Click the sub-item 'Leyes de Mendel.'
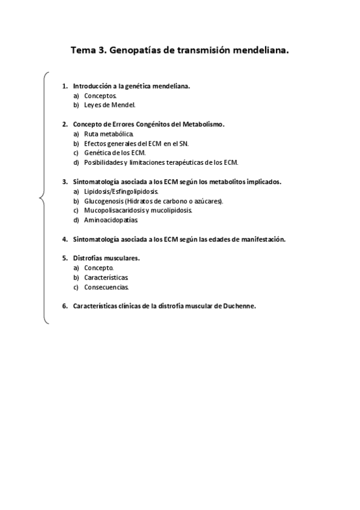[110, 105]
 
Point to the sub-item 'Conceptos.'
[100, 96]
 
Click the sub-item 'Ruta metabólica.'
[109, 134]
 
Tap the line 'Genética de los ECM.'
[115, 153]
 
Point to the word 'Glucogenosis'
[103, 201]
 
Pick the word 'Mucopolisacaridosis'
[114, 210]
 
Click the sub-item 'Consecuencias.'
[106, 287]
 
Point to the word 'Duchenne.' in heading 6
[240, 306]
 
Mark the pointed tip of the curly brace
[39, 197]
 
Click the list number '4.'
[65, 239]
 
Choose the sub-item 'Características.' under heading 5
[106, 277]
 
